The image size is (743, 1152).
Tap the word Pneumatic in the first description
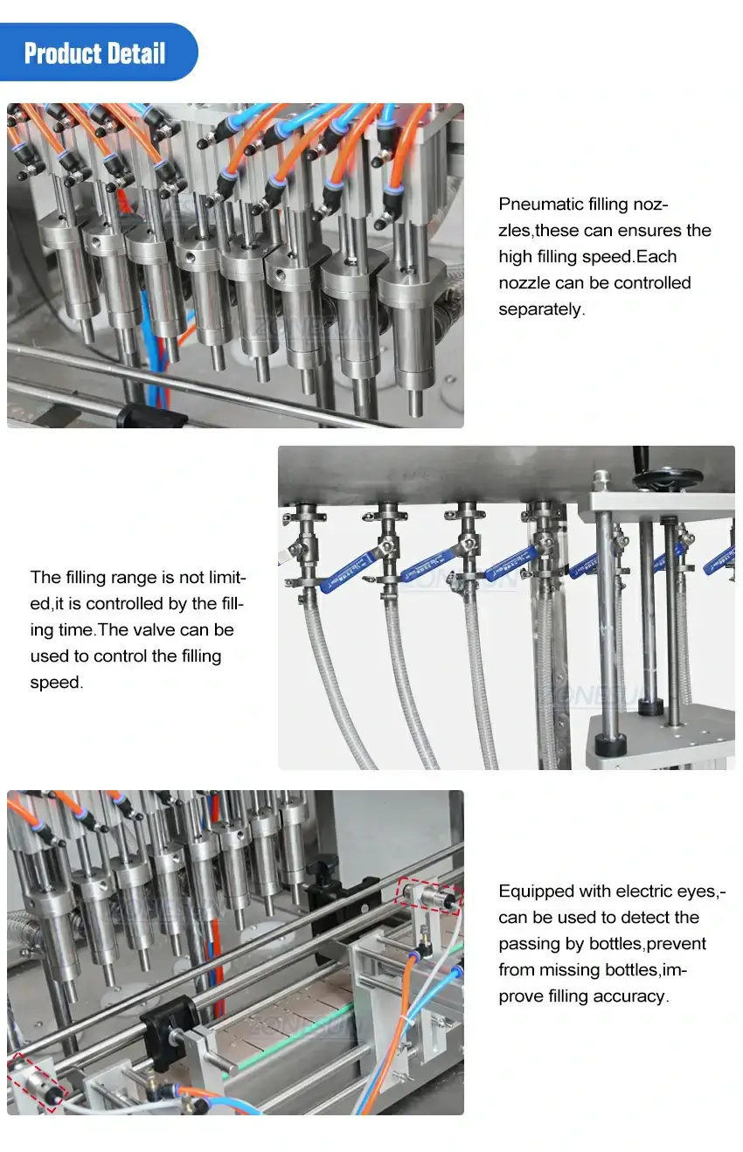[x=535, y=205]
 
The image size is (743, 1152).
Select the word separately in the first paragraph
[x=541, y=309]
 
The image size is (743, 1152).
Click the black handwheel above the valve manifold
[x=668, y=476]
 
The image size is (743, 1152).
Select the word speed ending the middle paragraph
[x=56, y=682]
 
